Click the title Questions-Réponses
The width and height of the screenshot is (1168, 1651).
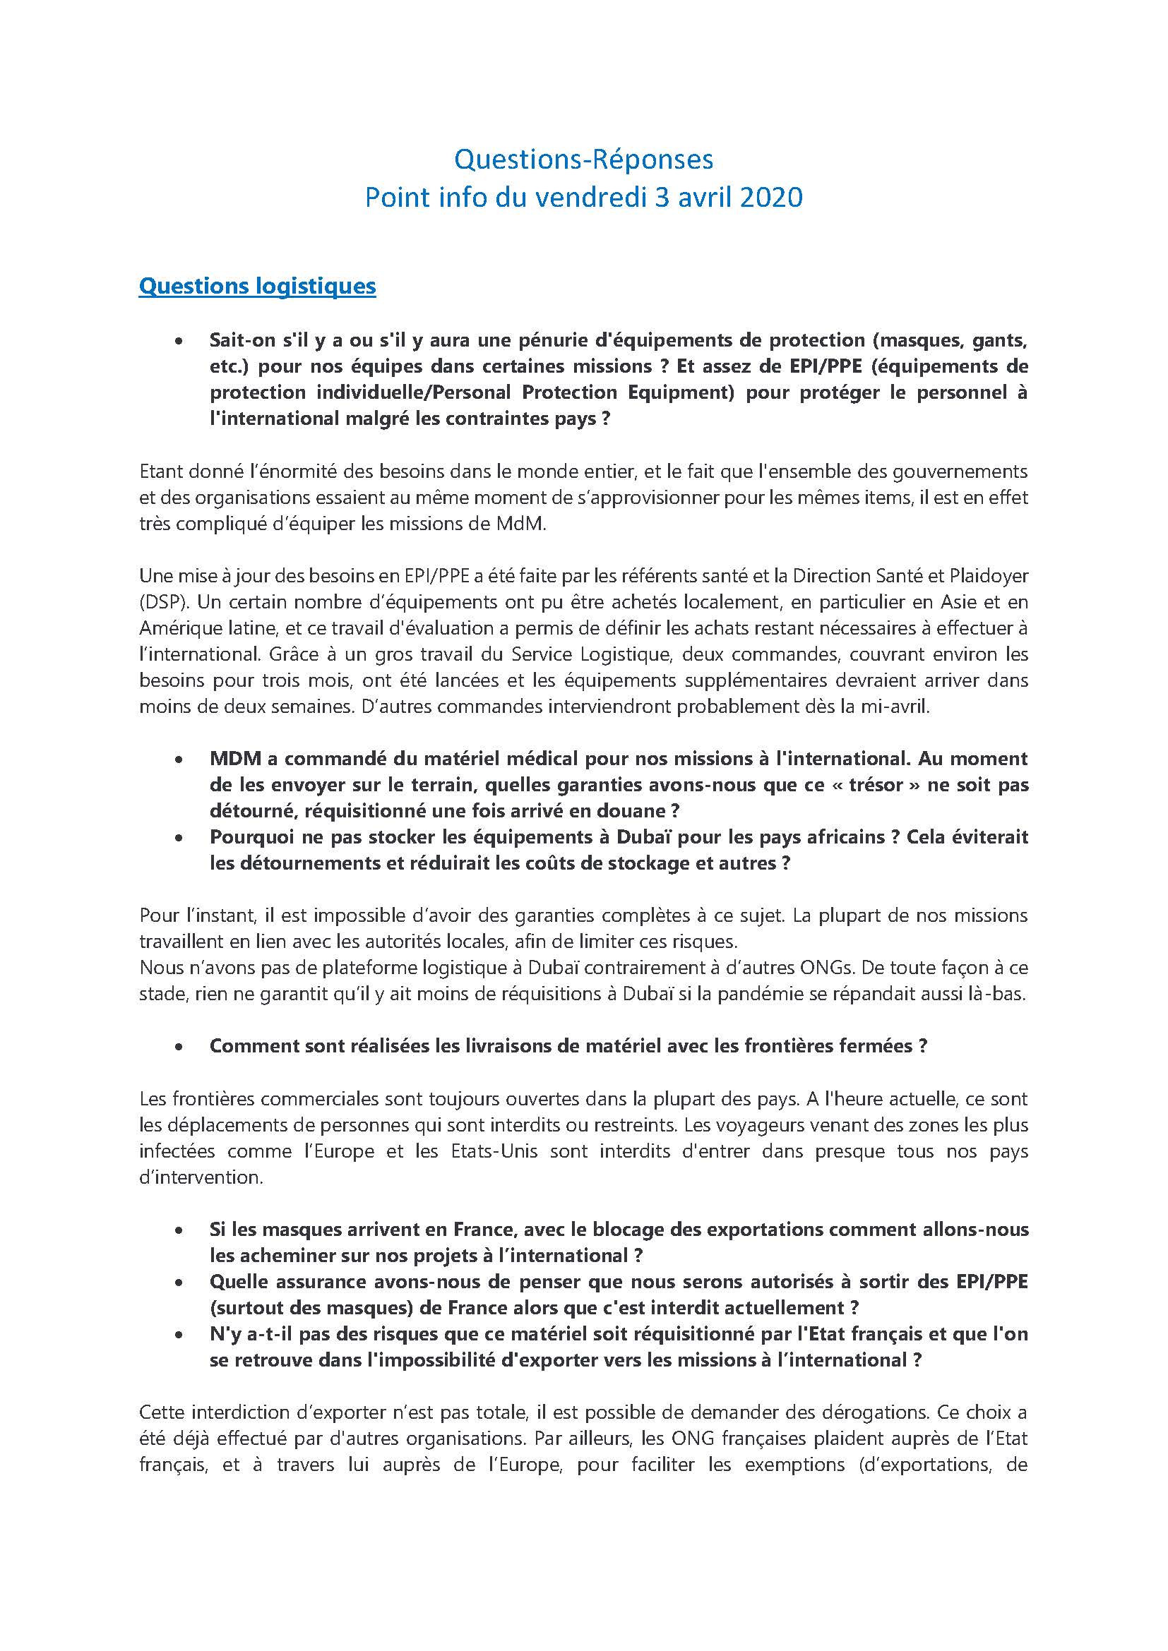click(x=583, y=160)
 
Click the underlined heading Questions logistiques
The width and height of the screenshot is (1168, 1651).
click(x=257, y=285)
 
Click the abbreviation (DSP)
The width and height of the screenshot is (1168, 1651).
click(x=161, y=602)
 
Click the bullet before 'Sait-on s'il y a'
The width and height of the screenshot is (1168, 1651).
click(x=179, y=341)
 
